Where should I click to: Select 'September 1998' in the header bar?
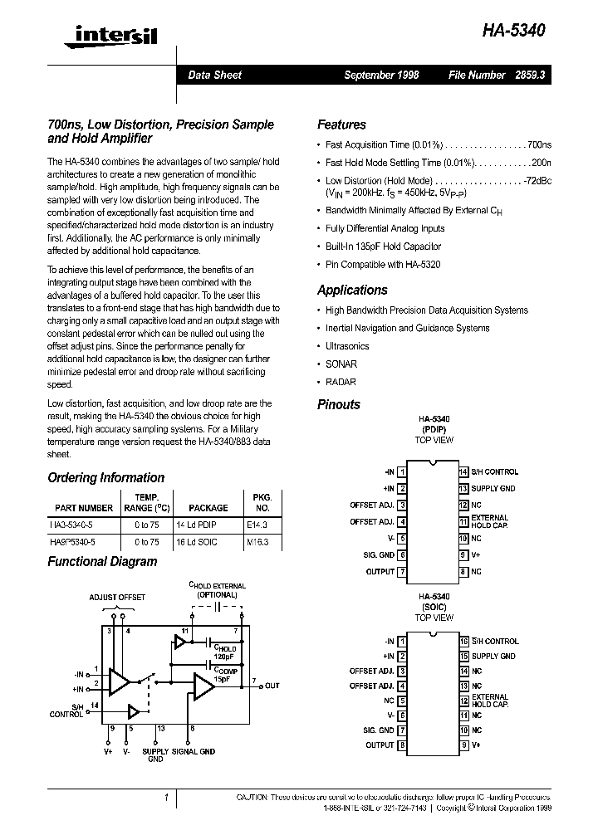381,75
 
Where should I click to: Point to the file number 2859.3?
537,75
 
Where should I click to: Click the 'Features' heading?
341,125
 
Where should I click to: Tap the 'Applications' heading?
352,291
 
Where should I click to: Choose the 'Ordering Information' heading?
105,478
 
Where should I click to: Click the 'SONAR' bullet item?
341,364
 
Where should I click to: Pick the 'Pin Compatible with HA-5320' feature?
382,265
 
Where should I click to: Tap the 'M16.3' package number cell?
262,542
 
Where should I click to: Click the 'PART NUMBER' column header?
84,508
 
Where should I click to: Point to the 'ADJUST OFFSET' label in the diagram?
117,598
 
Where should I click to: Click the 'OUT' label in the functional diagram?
272,686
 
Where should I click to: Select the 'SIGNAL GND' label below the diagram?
195,751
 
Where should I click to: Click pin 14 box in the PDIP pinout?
464,472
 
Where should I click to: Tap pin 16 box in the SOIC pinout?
464,642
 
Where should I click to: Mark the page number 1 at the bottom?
166,798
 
